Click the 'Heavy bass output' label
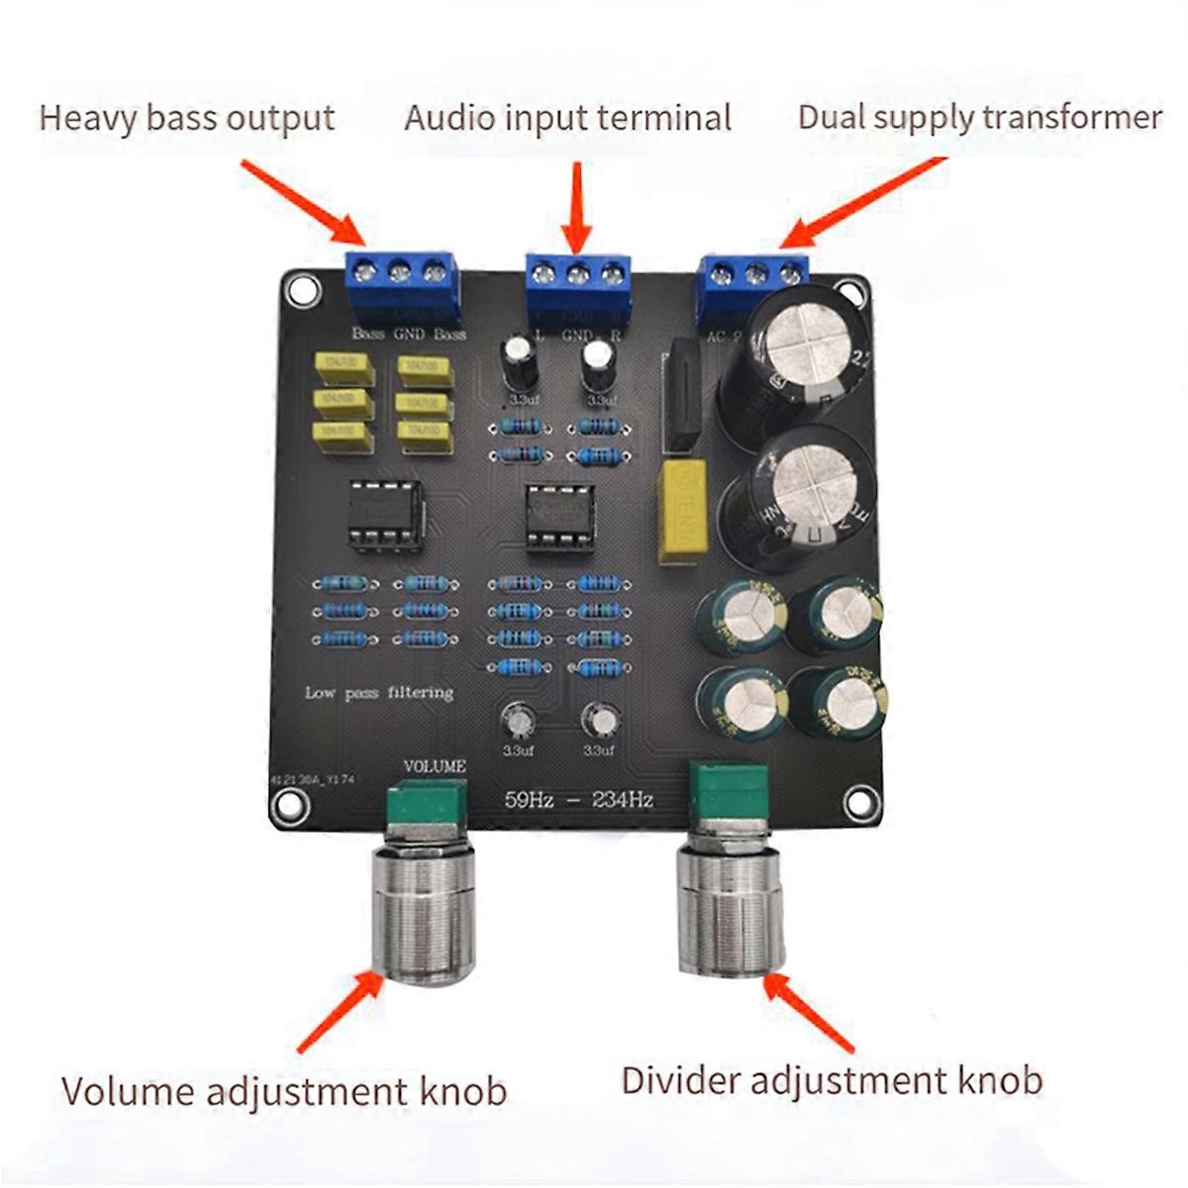pyautogui.click(x=186, y=118)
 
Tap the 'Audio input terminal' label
pyautogui.click(x=567, y=118)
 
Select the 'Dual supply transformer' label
pyautogui.click(x=979, y=117)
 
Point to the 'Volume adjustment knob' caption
pyautogui.click(x=284, y=1091)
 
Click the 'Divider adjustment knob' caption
pyautogui.click(x=832, y=1079)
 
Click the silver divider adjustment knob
pyautogui.click(x=731, y=909)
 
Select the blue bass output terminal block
pyautogui.click(x=402, y=280)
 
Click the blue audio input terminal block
pyautogui.click(x=579, y=282)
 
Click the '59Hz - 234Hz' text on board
pyautogui.click(x=579, y=800)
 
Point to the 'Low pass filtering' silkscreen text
pyautogui.click(x=379, y=693)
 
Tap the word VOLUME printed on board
pyautogui.click(x=435, y=766)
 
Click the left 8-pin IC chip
pyautogui.click(x=386, y=513)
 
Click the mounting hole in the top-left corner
pyautogui.click(x=299, y=290)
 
